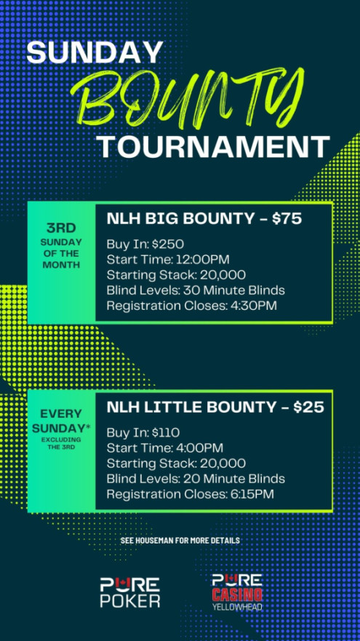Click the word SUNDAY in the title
[x=95, y=52]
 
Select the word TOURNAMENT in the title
[x=215, y=147]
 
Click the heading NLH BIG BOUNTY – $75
[x=204, y=219]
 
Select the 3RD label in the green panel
[x=61, y=228]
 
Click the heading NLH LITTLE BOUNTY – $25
[x=215, y=407]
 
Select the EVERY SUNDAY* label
[x=61, y=421]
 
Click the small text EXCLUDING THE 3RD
[x=61, y=442]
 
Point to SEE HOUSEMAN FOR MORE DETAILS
[x=180, y=541]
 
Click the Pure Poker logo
[x=130, y=592]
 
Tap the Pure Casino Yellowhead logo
[x=237, y=592]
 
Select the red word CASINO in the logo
[x=237, y=594]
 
